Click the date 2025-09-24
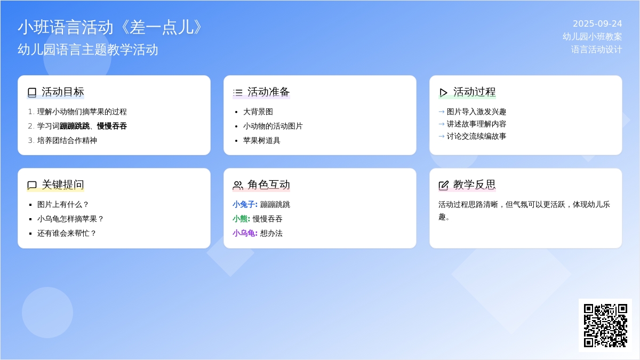(x=597, y=23)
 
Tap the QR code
(x=605, y=325)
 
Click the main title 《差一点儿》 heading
(x=111, y=27)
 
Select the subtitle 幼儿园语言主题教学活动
(x=87, y=50)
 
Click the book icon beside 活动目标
(x=32, y=92)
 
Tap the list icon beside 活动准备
(x=238, y=92)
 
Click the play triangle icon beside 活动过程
(x=443, y=93)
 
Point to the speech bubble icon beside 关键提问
(x=32, y=185)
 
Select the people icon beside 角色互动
(x=238, y=185)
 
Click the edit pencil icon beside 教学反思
(x=443, y=185)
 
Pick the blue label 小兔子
(x=245, y=205)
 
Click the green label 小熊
(x=241, y=219)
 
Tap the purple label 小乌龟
(x=245, y=233)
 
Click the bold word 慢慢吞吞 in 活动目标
(x=111, y=126)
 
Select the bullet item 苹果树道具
(x=261, y=140)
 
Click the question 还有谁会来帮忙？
(x=67, y=233)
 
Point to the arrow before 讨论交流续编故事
(x=442, y=137)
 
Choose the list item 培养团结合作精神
(x=67, y=140)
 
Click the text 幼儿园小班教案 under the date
(x=593, y=37)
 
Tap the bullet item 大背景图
(x=258, y=111)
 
